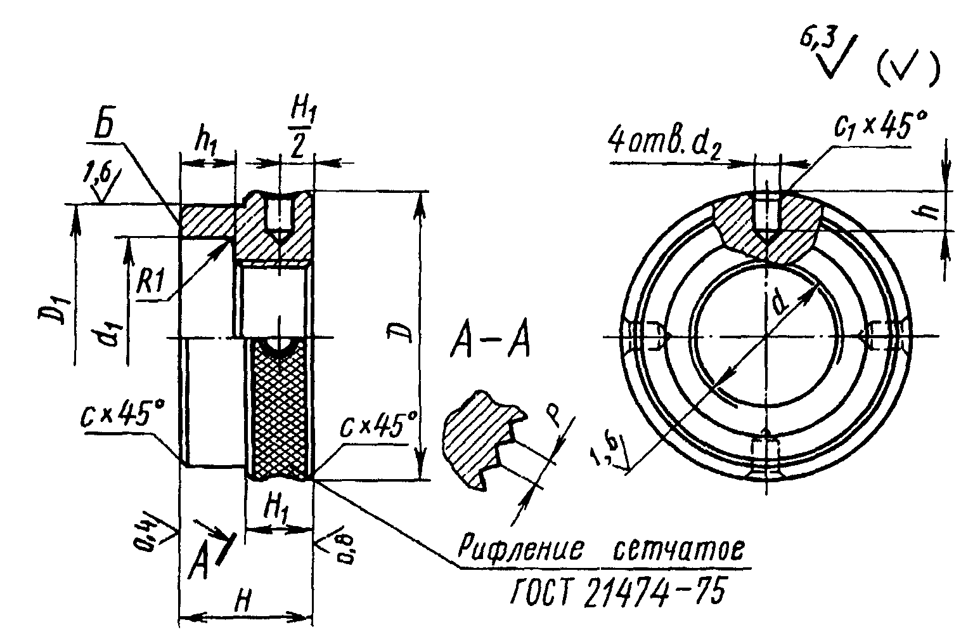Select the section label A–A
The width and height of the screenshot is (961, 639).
(x=489, y=342)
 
